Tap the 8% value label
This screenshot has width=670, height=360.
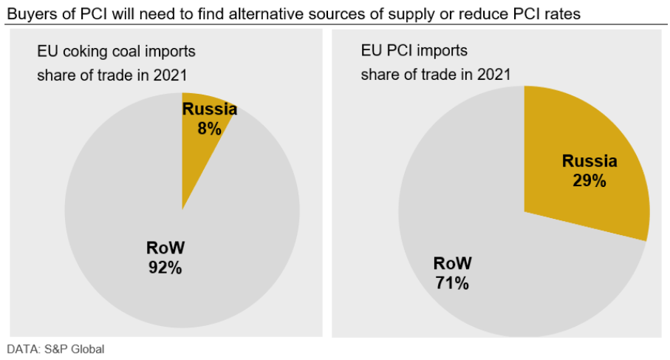[x=210, y=128]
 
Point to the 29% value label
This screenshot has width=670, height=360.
[x=589, y=180]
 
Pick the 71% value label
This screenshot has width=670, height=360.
[x=451, y=282]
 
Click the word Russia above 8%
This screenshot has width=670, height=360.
[x=210, y=110]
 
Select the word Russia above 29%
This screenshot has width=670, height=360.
[x=589, y=161]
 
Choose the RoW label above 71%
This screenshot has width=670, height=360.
[x=451, y=263]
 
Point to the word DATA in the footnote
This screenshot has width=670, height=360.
[x=21, y=348]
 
